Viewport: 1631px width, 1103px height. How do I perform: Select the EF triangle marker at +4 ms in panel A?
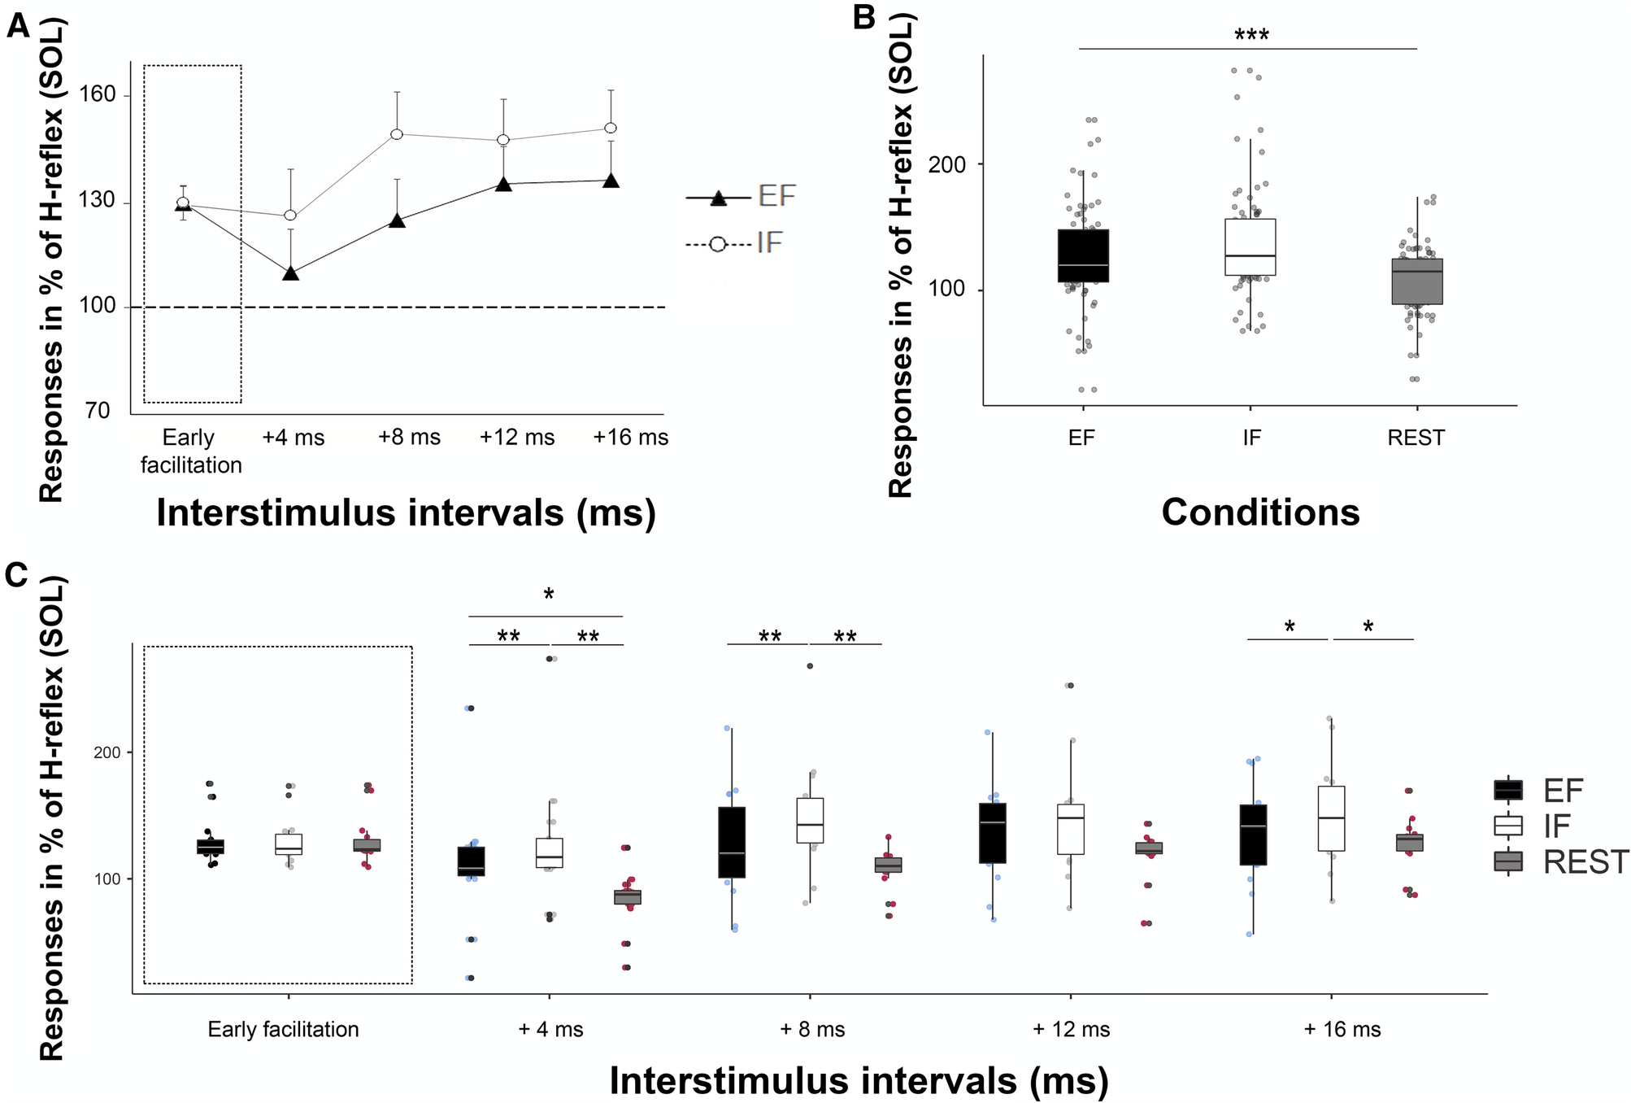click(x=291, y=273)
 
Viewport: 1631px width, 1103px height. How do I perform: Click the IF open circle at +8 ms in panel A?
click(x=397, y=133)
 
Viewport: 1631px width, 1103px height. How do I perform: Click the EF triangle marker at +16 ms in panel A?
click(x=611, y=181)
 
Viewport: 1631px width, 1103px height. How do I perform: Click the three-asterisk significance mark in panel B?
click(x=1251, y=35)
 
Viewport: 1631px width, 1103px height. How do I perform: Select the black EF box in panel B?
click(x=1083, y=255)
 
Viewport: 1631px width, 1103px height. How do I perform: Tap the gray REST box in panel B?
click(x=1417, y=281)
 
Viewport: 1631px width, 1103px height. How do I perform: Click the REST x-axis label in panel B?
click(x=1416, y=438)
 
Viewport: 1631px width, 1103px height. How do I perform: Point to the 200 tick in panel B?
click(x=948, y=164)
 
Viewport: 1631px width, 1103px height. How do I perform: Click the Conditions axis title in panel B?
click(x=1259, y=512)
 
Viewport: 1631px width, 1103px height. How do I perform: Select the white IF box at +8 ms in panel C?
click(x=810, y=820)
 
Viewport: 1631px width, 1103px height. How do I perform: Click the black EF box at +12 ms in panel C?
click(x=992, y=833)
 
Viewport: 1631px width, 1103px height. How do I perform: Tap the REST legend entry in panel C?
click(x=1560, y=861)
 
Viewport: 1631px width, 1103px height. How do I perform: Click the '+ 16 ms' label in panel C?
click(x=1342, y=1030)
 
